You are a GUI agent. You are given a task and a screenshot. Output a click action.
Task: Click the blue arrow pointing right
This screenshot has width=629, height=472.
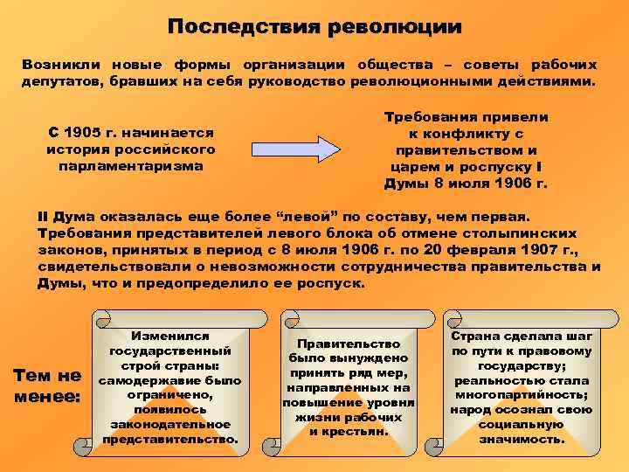tap(294, 149)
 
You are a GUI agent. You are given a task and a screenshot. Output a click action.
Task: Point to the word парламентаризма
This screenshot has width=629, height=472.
tap(130, 164)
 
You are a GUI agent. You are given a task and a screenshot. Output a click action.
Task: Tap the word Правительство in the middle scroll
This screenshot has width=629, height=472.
tap(348, 344)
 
